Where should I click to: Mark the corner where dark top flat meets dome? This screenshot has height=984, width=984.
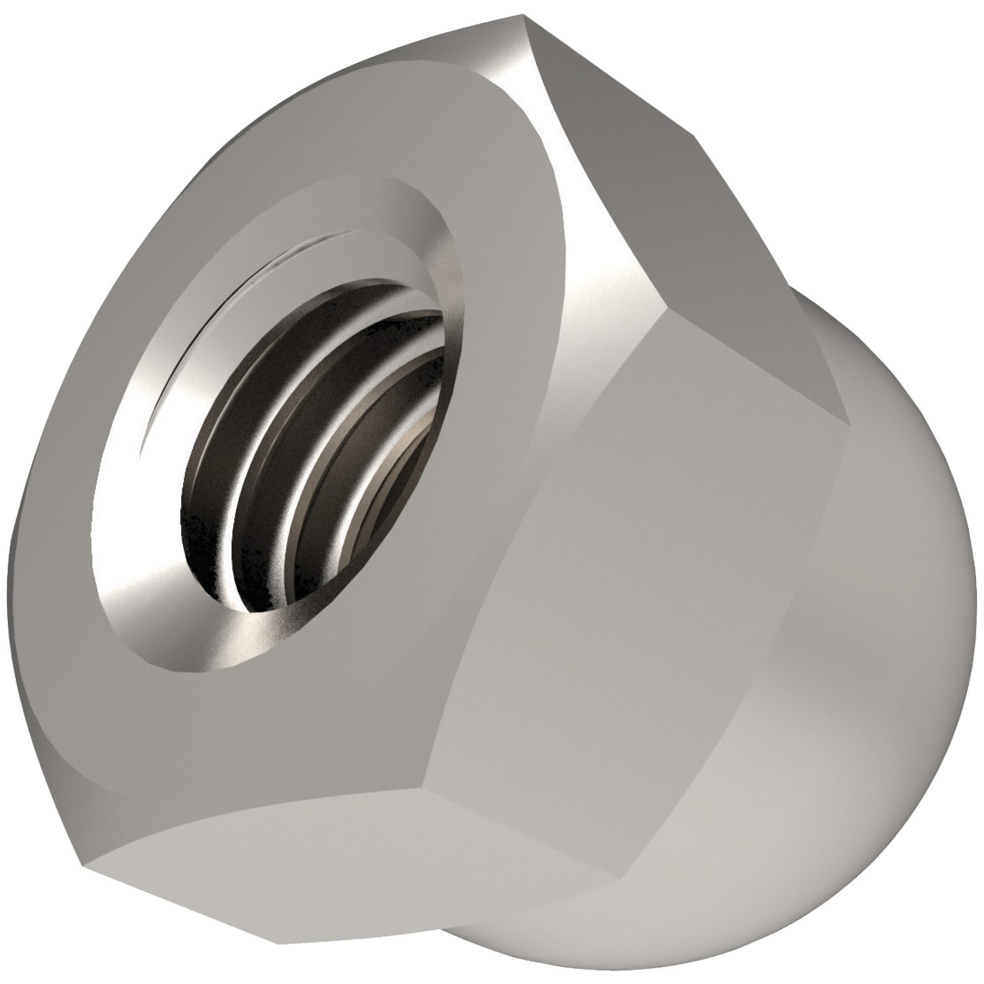coord(850,423)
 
